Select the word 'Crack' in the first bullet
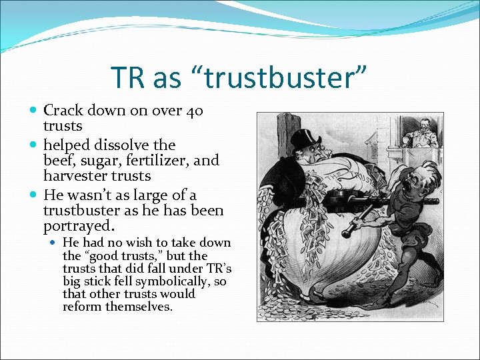click(x=63, y=111)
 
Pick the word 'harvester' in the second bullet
click(x=73, y=176)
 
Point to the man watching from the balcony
click(x=422, y=133)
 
